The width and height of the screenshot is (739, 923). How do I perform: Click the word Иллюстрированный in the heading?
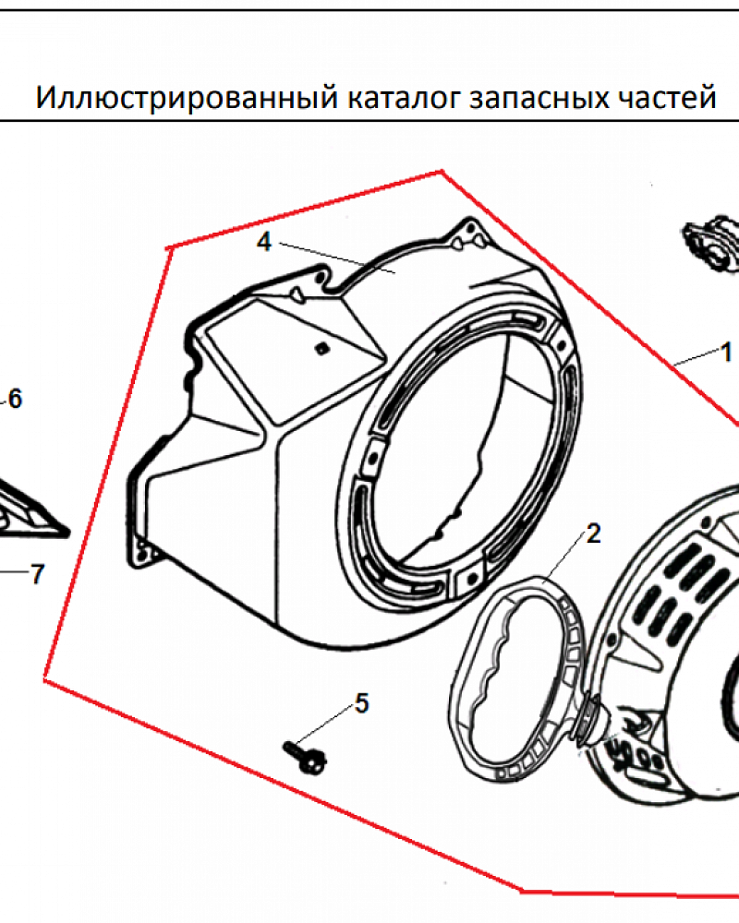pyautogui.click(x=187, y=98)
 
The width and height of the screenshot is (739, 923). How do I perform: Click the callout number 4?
pyautogui.click(x=264, y=242)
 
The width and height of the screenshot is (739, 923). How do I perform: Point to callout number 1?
pyautogui.click(x=726, y=353)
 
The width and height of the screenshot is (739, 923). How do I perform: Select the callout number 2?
pyautogui.click(x=593, y=533)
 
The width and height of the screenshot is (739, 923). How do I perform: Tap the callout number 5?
pyautogui.click(x=362, y=703)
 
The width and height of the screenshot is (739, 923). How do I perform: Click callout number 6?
pyautogui.click(x=15, y=399)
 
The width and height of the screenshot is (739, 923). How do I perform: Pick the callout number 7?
pyautogui.click(x=38, y=574)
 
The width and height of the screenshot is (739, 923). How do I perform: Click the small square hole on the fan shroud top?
pyautogui.click(x=321, y=348)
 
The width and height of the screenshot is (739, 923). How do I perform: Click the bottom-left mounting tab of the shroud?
pyautogui.click(x=141, y=552)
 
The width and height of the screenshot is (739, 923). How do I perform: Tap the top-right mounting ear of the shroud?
pyautogui.click(x=470, y=234)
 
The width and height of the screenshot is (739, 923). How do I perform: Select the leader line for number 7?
pyautogui.click(x=15, y=571)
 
